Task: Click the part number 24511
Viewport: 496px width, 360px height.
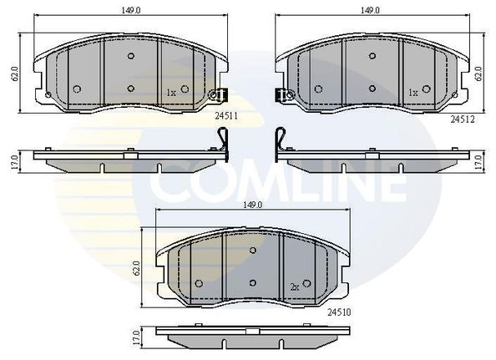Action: pos(225,116)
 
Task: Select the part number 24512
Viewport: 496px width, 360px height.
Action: pos(463,119)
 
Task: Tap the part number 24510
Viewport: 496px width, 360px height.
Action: pos(339,312)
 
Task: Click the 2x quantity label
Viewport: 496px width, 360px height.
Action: pos(295,287)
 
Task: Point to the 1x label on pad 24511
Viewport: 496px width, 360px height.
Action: pos(171,93)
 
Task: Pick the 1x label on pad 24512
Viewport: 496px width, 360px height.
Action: pos(413,93)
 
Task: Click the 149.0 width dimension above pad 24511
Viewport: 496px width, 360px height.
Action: pos(130,10)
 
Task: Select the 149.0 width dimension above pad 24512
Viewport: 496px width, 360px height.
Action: pos(371,10)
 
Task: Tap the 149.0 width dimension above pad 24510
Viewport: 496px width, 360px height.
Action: pos(253,205)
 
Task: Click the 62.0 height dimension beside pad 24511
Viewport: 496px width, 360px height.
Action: pos(15,74)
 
